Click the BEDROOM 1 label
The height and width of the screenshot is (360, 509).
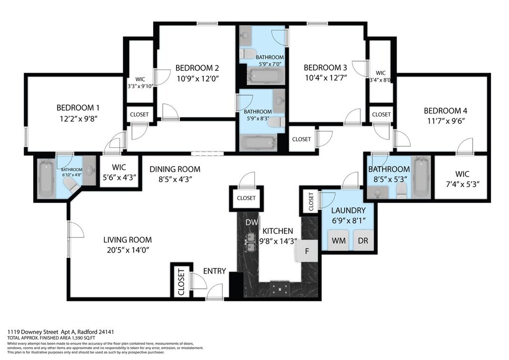tap(78, 108)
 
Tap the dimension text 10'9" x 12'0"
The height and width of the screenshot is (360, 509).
tap(198, 79)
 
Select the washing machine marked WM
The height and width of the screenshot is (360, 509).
tap(339, 241)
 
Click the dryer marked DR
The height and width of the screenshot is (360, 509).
tap(363, 241)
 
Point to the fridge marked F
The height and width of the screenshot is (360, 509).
tap(306, 251)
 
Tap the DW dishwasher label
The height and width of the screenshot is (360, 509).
tap(252, 222)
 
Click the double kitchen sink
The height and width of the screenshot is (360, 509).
tap(251, 242)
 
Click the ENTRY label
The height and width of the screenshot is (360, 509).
tap(215, 271)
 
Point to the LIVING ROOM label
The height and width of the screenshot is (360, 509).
tap(128, 240)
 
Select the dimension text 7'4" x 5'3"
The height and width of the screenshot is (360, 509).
tap(462, 184)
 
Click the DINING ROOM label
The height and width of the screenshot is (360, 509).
tap(175, 169)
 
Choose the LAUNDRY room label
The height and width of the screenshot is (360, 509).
tap(348, 210)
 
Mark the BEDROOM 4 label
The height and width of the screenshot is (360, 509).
tap(445, 111)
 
